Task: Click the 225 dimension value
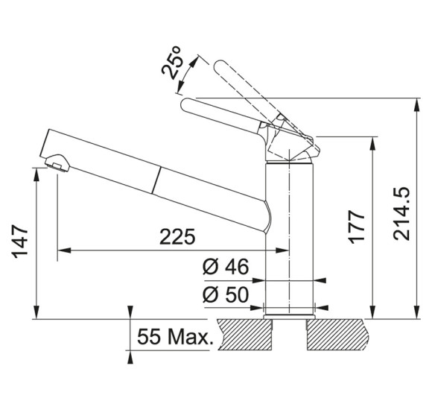[177, 236]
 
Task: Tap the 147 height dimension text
[19, 242]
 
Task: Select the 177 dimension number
[357, 227]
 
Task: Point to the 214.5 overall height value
[401, 214]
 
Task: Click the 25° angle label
[172, 63]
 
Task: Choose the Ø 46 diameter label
[226, 267]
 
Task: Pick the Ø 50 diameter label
[226, 294]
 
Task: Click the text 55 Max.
[175, 337]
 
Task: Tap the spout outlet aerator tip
[57, 163]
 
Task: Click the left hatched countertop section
[245, 335]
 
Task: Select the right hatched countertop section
[337, 335]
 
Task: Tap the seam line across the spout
[156, 180]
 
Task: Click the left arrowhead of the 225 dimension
[63, 250]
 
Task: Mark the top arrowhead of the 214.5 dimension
[417, 104]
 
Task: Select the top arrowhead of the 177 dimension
[372, 143]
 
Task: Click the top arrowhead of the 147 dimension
[36, 174]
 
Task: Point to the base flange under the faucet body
[289, 317]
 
